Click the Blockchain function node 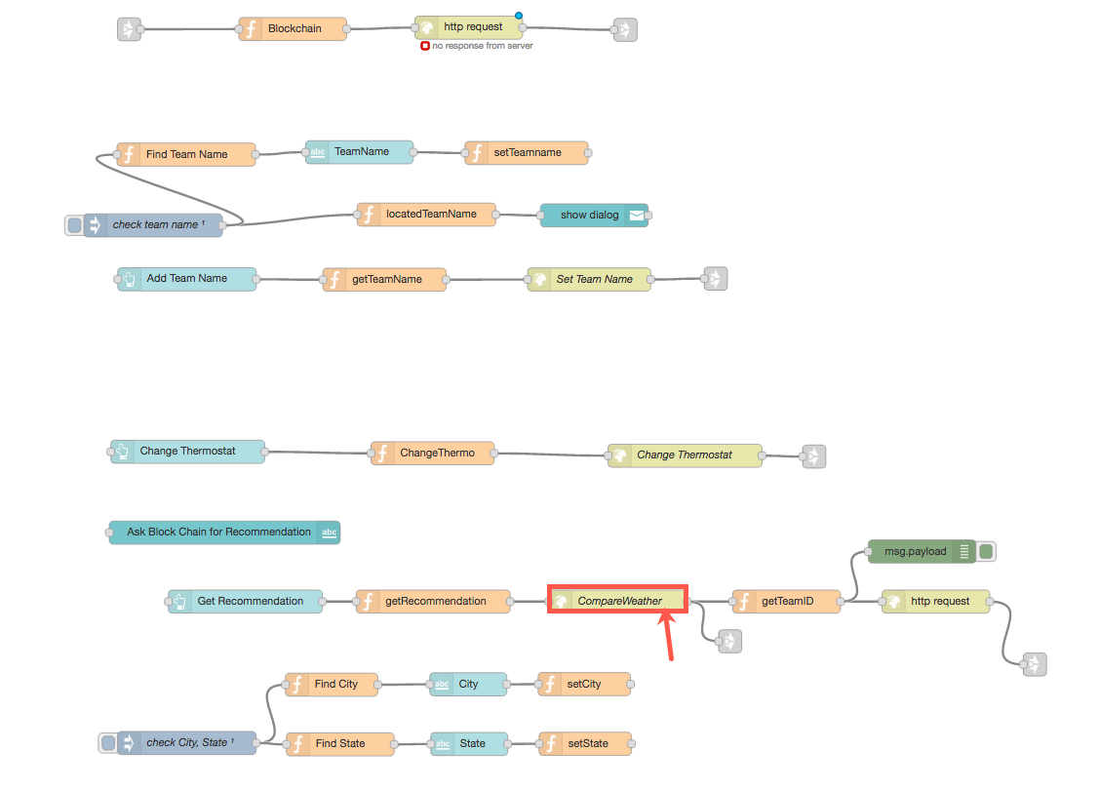click(294, 29)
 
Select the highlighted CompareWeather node click(618, 601)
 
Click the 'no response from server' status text click(483, 46)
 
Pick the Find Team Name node click(186, 154)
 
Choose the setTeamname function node click(527, 153)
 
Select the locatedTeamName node click(426, 215)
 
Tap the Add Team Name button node click(186, 279)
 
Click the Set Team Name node click(589, 280)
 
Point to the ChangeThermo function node click(432, 454)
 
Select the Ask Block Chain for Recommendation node click(224, 533)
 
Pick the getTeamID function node click(786, 602)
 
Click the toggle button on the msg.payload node click(987, 552)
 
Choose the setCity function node click(584, 685)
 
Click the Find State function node click(339, 744)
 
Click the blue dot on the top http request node click(519, 16)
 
